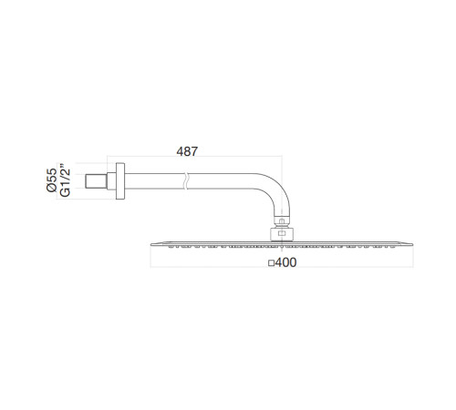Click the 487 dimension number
coord(187,151)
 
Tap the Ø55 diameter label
coord(52,180)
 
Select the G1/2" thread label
coord(65,180)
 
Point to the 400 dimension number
coord(285,262)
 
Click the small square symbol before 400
coord(271,263)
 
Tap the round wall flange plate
coord(120,181)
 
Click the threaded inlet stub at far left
coord(96,181)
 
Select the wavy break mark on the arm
coord(186,181)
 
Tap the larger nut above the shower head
coord(282,234)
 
